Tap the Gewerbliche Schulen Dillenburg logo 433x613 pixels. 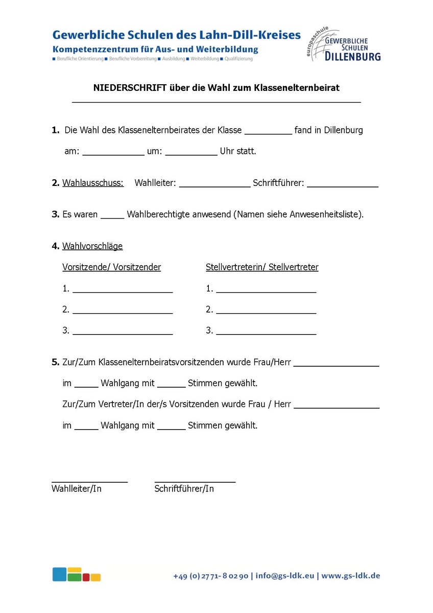click(x=344, y=45)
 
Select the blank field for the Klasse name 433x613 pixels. click(x=268, y=131)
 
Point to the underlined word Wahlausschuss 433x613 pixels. click(x=93, y=183)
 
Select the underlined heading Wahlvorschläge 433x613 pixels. click(x=92, y=246)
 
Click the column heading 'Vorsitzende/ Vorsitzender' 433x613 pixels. click(x=111, y=267)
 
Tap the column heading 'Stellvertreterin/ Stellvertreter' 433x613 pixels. click(x=262, y=267)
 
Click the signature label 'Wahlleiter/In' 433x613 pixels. click(x=77, y=489)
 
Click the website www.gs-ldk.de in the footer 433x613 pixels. click(x=350, y=576)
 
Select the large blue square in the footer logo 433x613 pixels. click(x=59, y=574)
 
